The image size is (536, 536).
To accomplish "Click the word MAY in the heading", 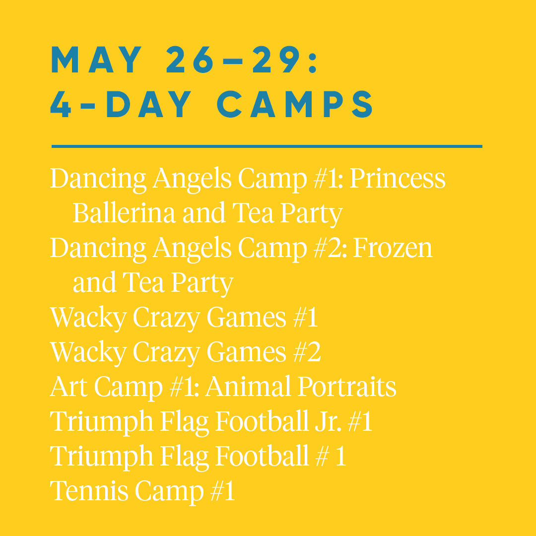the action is point(96,60).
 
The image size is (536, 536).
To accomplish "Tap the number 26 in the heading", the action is point(190,60).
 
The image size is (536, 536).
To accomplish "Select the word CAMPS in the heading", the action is point(295,104).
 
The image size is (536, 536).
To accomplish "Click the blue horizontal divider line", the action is point(267,146).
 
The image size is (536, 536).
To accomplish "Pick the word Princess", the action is point(397,178).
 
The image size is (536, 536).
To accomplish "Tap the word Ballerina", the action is point(124,213).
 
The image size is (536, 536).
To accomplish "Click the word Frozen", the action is point(393,248).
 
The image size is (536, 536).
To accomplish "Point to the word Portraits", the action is point(347,387).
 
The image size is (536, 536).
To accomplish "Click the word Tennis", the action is point(89,491).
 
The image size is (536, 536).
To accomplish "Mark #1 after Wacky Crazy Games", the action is point(306,317).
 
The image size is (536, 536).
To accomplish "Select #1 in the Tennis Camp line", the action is point(222,491).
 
